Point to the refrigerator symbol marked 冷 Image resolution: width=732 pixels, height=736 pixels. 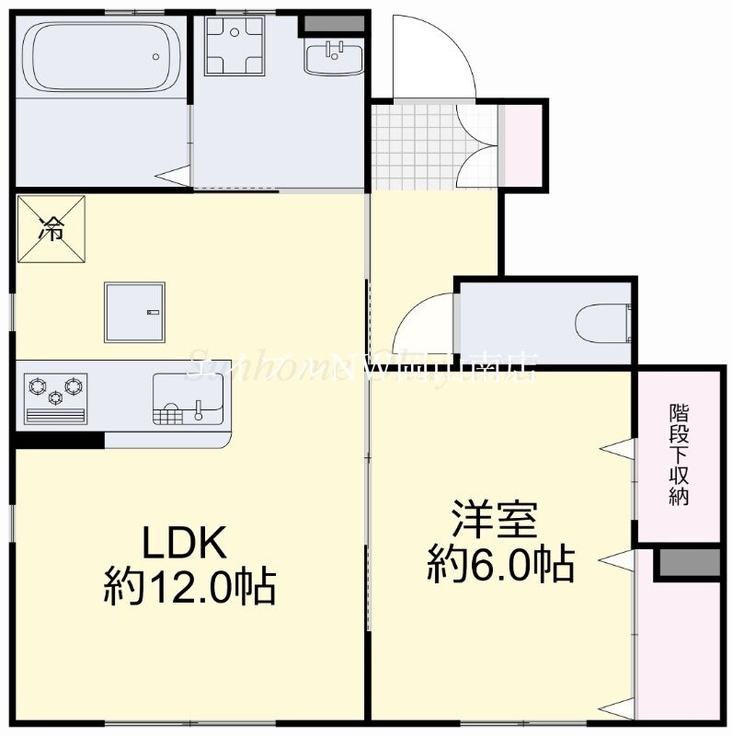tap(51, 228)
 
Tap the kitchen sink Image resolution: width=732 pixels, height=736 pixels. tap(188, 399)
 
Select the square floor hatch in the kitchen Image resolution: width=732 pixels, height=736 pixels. tap(136, 309)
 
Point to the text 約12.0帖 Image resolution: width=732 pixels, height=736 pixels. tap(189, 586)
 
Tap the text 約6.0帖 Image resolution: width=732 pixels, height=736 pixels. tap(500, 563)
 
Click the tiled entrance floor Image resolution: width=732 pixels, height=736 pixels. tap(414, 147)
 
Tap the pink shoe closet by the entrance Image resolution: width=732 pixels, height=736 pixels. tap(520, 145)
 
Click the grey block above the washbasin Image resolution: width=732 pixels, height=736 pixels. tap(321, 22)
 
